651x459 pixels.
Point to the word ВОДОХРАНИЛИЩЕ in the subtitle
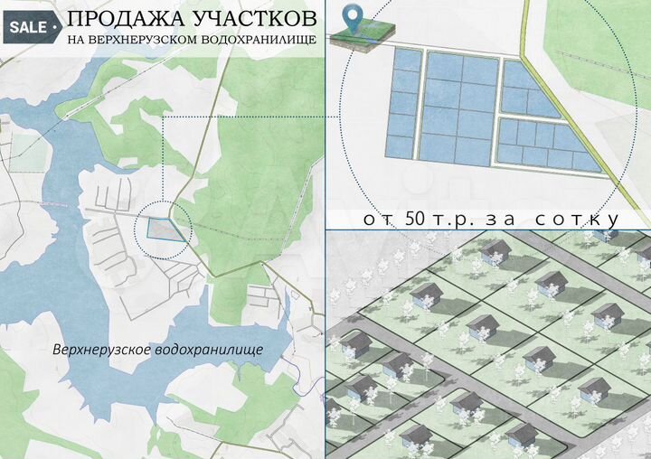coord(263,42)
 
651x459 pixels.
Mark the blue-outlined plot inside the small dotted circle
coord(165,229)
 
